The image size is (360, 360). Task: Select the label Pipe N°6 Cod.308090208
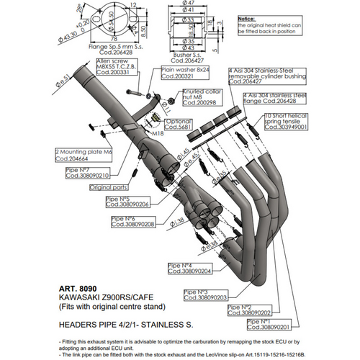pyautogui.click(x=129, y=222)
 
